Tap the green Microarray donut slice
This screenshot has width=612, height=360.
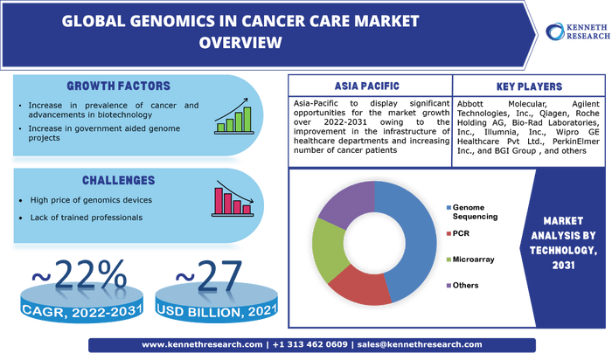click(327, 250)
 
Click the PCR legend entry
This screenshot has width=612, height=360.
click(458, 233)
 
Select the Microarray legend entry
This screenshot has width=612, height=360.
click(470, 260)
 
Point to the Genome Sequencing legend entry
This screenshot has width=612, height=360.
click(472, 211)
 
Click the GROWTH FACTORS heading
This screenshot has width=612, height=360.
click(118, 86)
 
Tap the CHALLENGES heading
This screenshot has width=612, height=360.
click(118, 180)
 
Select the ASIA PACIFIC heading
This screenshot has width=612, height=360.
click(367, 86)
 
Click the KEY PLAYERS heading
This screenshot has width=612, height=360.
click(529, 87)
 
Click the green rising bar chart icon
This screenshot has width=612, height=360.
click(233, 116)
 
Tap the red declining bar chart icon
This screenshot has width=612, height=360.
click(233, 198)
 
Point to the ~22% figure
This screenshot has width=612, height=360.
click(80, 275)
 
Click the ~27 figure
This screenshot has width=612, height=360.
click(209, 276)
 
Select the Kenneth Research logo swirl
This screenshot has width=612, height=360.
click(554, 31)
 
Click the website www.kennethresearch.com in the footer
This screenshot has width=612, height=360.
click(202, 345)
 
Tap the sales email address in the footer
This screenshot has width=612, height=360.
click(420, 345)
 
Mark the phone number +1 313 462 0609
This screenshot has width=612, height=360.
click(309, 345)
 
